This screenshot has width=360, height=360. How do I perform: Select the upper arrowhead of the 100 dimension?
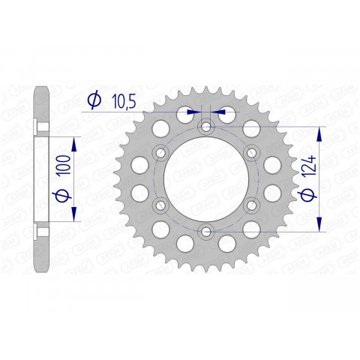coord(74,142)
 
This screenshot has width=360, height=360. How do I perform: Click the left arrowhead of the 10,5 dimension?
coord(197,110)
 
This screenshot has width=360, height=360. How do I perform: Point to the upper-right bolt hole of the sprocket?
coord(250,154)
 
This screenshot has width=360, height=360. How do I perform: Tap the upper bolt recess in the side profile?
coord(38,124)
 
